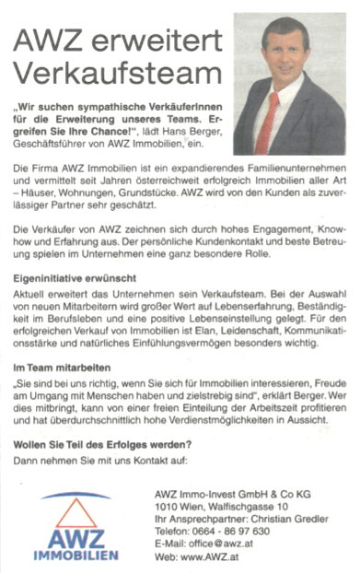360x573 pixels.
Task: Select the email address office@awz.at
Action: coord(233,544)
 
